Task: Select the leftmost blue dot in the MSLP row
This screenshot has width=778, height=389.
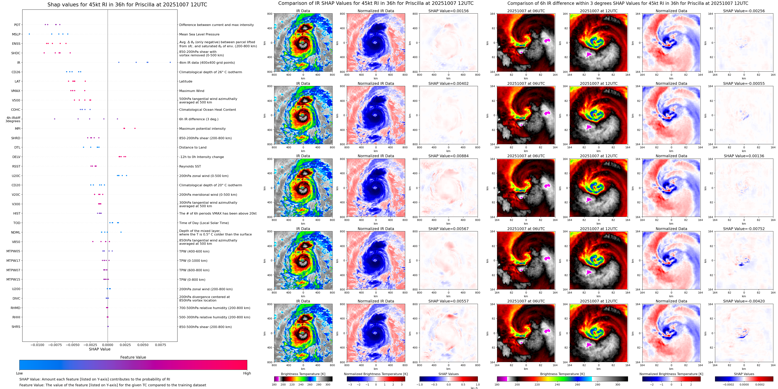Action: [29, 34]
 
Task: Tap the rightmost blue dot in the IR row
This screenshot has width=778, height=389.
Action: [170, 63]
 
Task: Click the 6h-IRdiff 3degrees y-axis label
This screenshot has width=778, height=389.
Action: [13, 119]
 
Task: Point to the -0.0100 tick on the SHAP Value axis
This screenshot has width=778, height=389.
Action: [38, 345]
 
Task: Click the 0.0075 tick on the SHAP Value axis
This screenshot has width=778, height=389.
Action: [160, 345]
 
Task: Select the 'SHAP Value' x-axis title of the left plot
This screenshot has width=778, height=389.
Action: [100, 349]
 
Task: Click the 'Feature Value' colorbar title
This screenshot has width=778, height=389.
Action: [133, 357]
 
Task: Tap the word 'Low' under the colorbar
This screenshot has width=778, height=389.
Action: [19, 373]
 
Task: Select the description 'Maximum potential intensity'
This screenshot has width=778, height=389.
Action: [202, 129]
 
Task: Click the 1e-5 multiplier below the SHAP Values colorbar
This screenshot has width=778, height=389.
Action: [474, 388]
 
